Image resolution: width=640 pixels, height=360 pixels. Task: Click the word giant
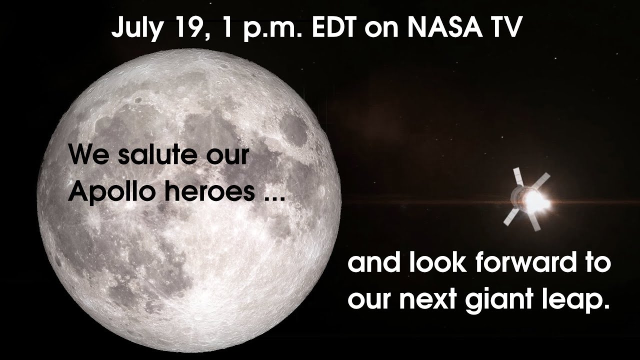point(510,300)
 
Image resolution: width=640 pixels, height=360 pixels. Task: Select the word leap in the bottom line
point(583,300)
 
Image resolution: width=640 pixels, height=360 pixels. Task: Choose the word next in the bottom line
point(441,300)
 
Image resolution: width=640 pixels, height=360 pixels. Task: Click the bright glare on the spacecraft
point(535,200)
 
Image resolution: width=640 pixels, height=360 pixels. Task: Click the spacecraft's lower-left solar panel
point(511,217)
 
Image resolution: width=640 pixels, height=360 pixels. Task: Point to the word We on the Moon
point(87,154)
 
